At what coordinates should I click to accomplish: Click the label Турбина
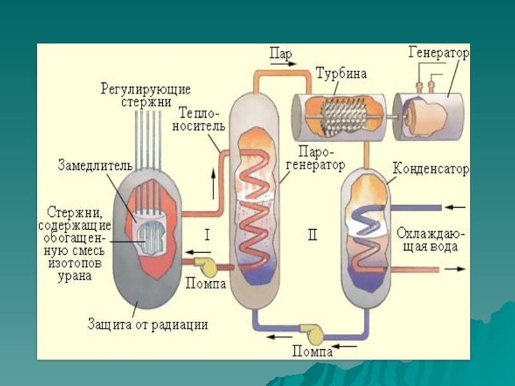[x=341, y=73]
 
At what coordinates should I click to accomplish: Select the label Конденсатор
[x=431, y=169]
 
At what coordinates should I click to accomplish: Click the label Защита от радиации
[x=147, y=325]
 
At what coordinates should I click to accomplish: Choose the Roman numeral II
[x=312, y=235]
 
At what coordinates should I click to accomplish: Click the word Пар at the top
[x=279, y=54]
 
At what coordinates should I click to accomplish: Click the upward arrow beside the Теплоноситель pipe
[x=214, y=185]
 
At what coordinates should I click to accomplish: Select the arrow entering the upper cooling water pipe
[x=454, y=207]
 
